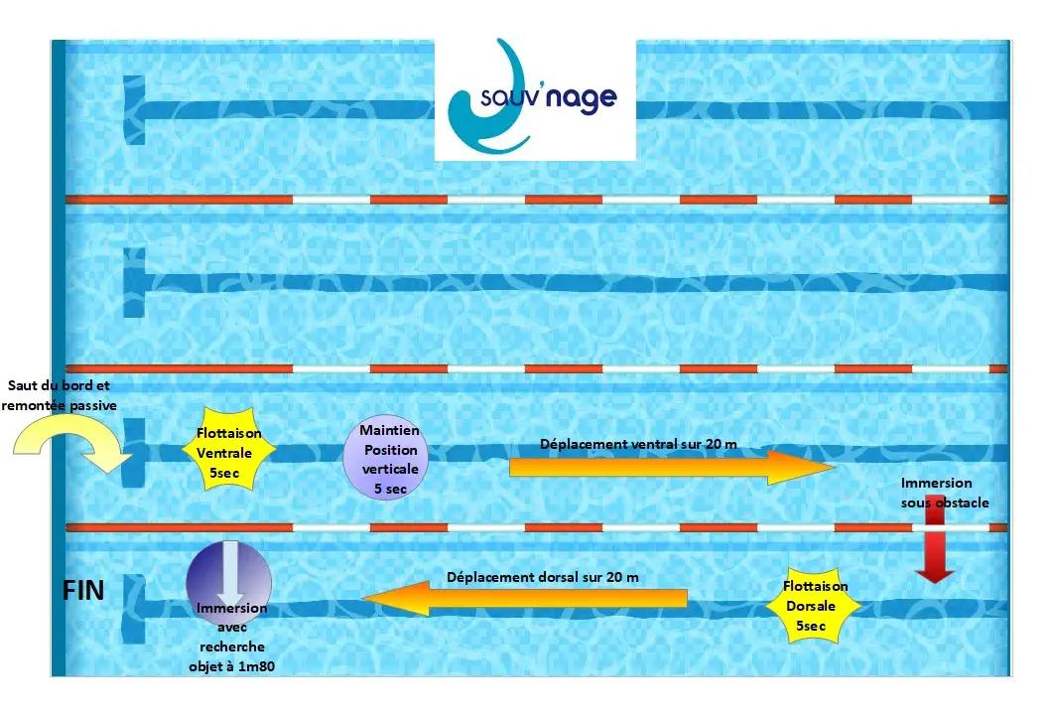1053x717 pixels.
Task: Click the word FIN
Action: (83, 591)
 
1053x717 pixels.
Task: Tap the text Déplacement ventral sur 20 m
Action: (638, 444)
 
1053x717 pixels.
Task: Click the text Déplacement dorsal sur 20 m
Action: (543, 577)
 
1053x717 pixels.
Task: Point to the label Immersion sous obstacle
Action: (944, 493)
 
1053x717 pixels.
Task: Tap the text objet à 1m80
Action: (231, 667)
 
